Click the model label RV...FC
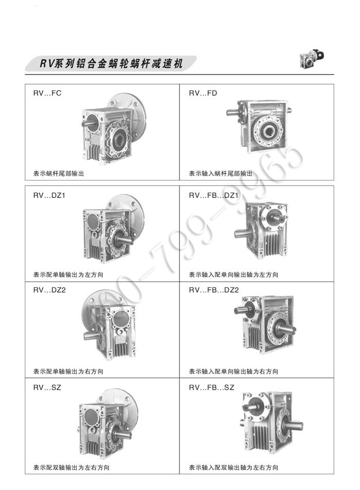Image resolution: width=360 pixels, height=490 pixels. pos(47,93)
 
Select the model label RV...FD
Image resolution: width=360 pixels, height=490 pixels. pos(203,93)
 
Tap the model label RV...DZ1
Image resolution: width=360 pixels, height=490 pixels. pos(49,195)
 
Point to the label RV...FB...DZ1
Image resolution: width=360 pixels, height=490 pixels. pos(214,195)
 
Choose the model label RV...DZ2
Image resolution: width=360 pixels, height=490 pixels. pos(50,290)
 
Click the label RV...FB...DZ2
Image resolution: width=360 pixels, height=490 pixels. pos(214,290)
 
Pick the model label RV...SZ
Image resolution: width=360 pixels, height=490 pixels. pos(47,387)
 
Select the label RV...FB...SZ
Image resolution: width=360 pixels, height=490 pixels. pos(211,387)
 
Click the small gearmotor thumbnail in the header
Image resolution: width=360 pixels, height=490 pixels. pos(312,59)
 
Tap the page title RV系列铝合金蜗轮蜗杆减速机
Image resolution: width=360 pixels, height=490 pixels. pos(111,64)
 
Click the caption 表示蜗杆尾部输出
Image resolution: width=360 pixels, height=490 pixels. pos(59,173)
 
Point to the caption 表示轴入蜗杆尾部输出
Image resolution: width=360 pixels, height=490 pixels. pos(221,173)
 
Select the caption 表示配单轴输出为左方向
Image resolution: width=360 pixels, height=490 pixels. pos(68,275)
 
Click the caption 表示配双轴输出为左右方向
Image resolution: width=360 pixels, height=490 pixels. pos(71,467)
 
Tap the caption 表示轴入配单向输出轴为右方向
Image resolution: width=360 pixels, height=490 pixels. pos(234,371)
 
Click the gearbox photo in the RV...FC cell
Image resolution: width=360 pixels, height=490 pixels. pos(114,127)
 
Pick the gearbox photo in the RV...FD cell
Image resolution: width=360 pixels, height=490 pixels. pos(259,126)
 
